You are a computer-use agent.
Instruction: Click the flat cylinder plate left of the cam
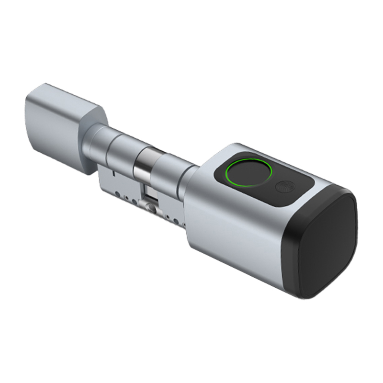(x=120, y=184)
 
